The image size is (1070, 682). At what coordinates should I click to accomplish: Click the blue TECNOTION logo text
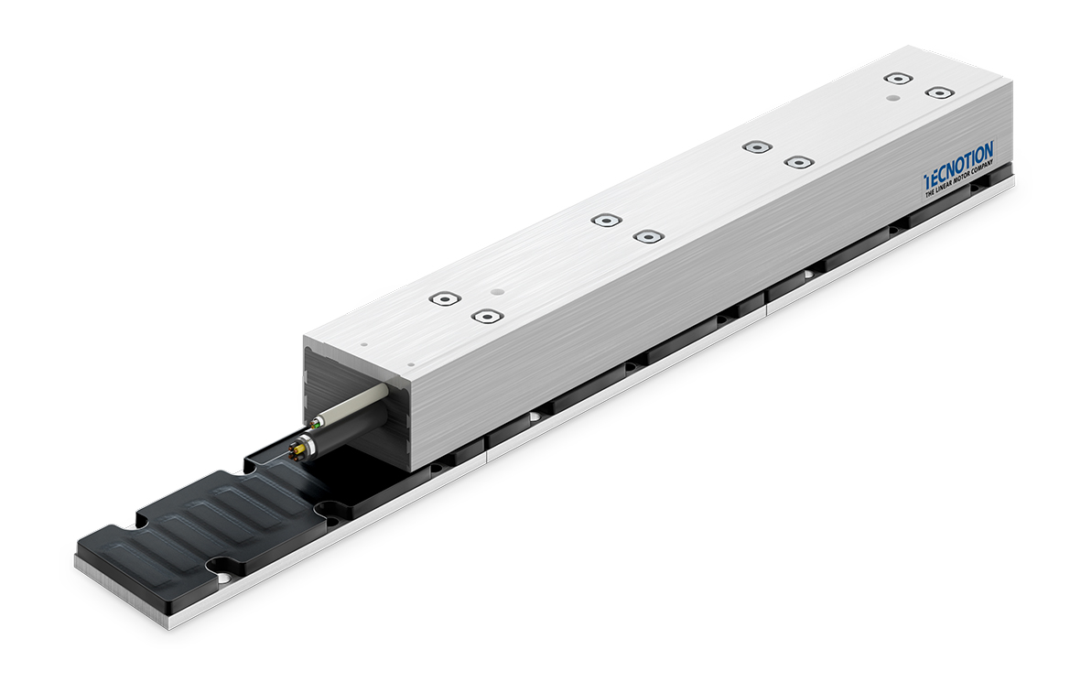point(958,162)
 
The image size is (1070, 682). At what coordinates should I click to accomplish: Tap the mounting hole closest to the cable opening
point(485,317)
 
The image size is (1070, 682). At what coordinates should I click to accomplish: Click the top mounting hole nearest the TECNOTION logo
point(939,92)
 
